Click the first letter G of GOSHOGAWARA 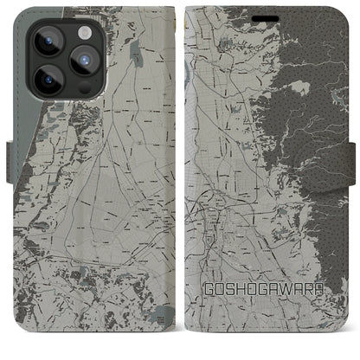click(x=209, y=310)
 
